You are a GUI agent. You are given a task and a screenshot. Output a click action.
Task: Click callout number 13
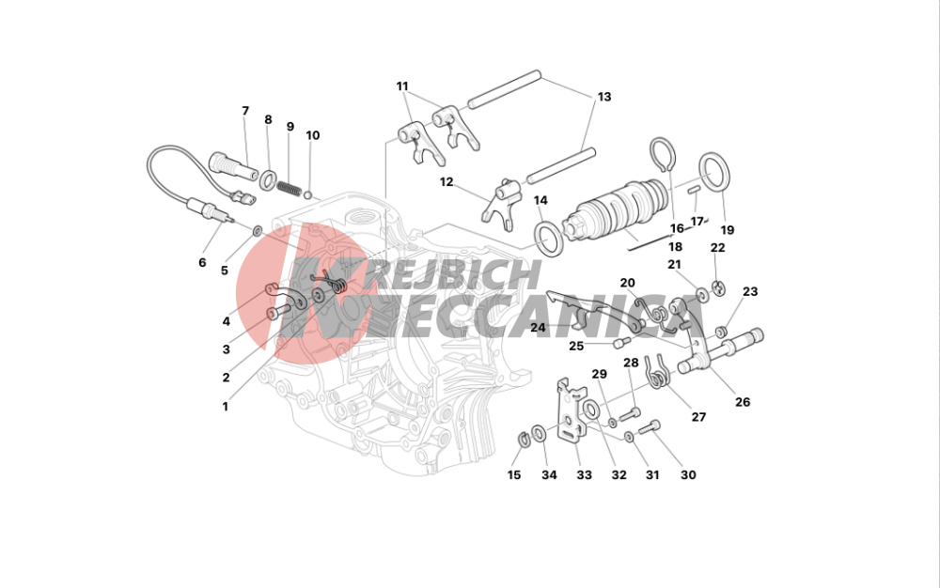coord(604,97)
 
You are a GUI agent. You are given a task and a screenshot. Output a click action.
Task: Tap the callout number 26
coord(743,402)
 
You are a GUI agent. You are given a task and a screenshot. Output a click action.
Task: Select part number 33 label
coord(584,475)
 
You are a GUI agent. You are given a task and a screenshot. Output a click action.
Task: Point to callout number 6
coord(202,262)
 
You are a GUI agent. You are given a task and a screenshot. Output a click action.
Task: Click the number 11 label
coord(401,86)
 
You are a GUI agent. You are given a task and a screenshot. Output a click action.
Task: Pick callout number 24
coord(538,328)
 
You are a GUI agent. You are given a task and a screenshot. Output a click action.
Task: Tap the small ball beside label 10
coord(308,194)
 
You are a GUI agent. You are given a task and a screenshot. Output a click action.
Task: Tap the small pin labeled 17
coord(695,191)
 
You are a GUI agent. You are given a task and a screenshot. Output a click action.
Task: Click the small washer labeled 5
coord(258,230)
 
